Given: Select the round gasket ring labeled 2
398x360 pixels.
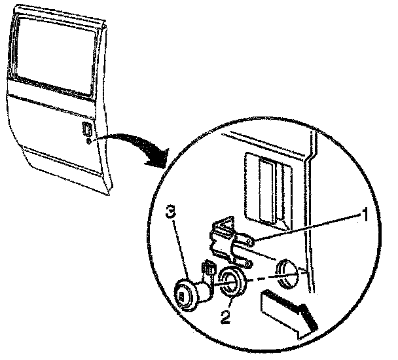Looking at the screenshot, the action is (x=230, y=282).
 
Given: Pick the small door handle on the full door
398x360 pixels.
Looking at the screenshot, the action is (x=86, y=129).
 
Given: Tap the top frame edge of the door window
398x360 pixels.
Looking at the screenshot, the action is (x=59, y=14).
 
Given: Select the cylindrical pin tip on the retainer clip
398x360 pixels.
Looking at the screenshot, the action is (x=251, y=243).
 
